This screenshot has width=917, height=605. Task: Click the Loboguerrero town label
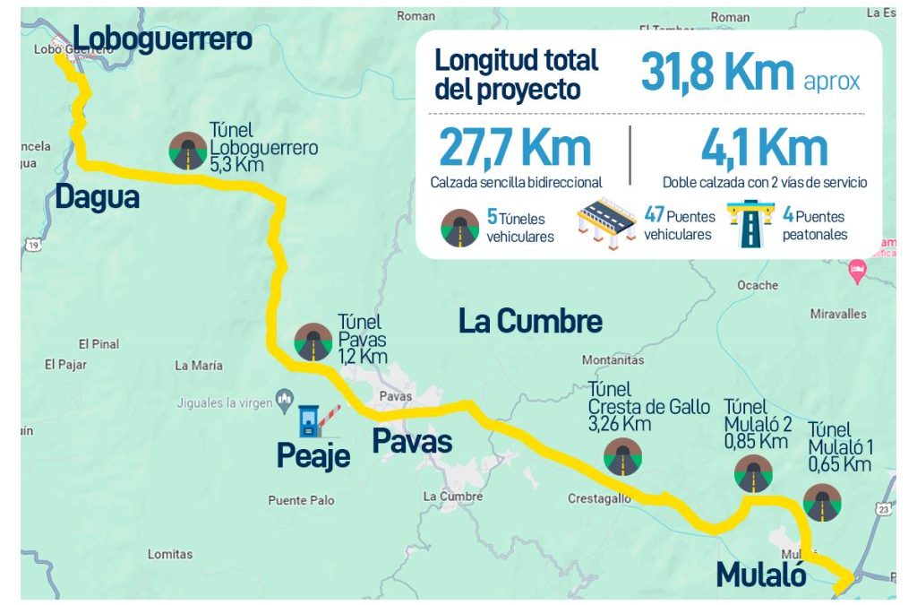pos(162,39)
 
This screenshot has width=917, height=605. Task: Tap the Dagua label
pos(98,197)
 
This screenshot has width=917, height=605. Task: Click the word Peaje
pos(313,456)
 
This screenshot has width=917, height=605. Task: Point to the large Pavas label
pos(412,441)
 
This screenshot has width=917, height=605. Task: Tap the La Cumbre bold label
pos(530,321)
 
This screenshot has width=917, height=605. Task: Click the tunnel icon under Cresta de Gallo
pos(622,456)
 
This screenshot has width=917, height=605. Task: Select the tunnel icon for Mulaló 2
pos(753,474)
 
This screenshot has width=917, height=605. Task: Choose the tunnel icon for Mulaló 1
pos(821,503)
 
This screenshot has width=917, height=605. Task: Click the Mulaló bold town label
pos(761,575)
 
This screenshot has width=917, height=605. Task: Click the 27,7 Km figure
pos(515,149)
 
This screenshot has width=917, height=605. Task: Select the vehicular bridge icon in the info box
pos(605,223)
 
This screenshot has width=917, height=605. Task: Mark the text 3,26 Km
pos(620,424)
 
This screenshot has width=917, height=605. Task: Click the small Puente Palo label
pos(301,500)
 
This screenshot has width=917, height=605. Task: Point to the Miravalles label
pos(838,315)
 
